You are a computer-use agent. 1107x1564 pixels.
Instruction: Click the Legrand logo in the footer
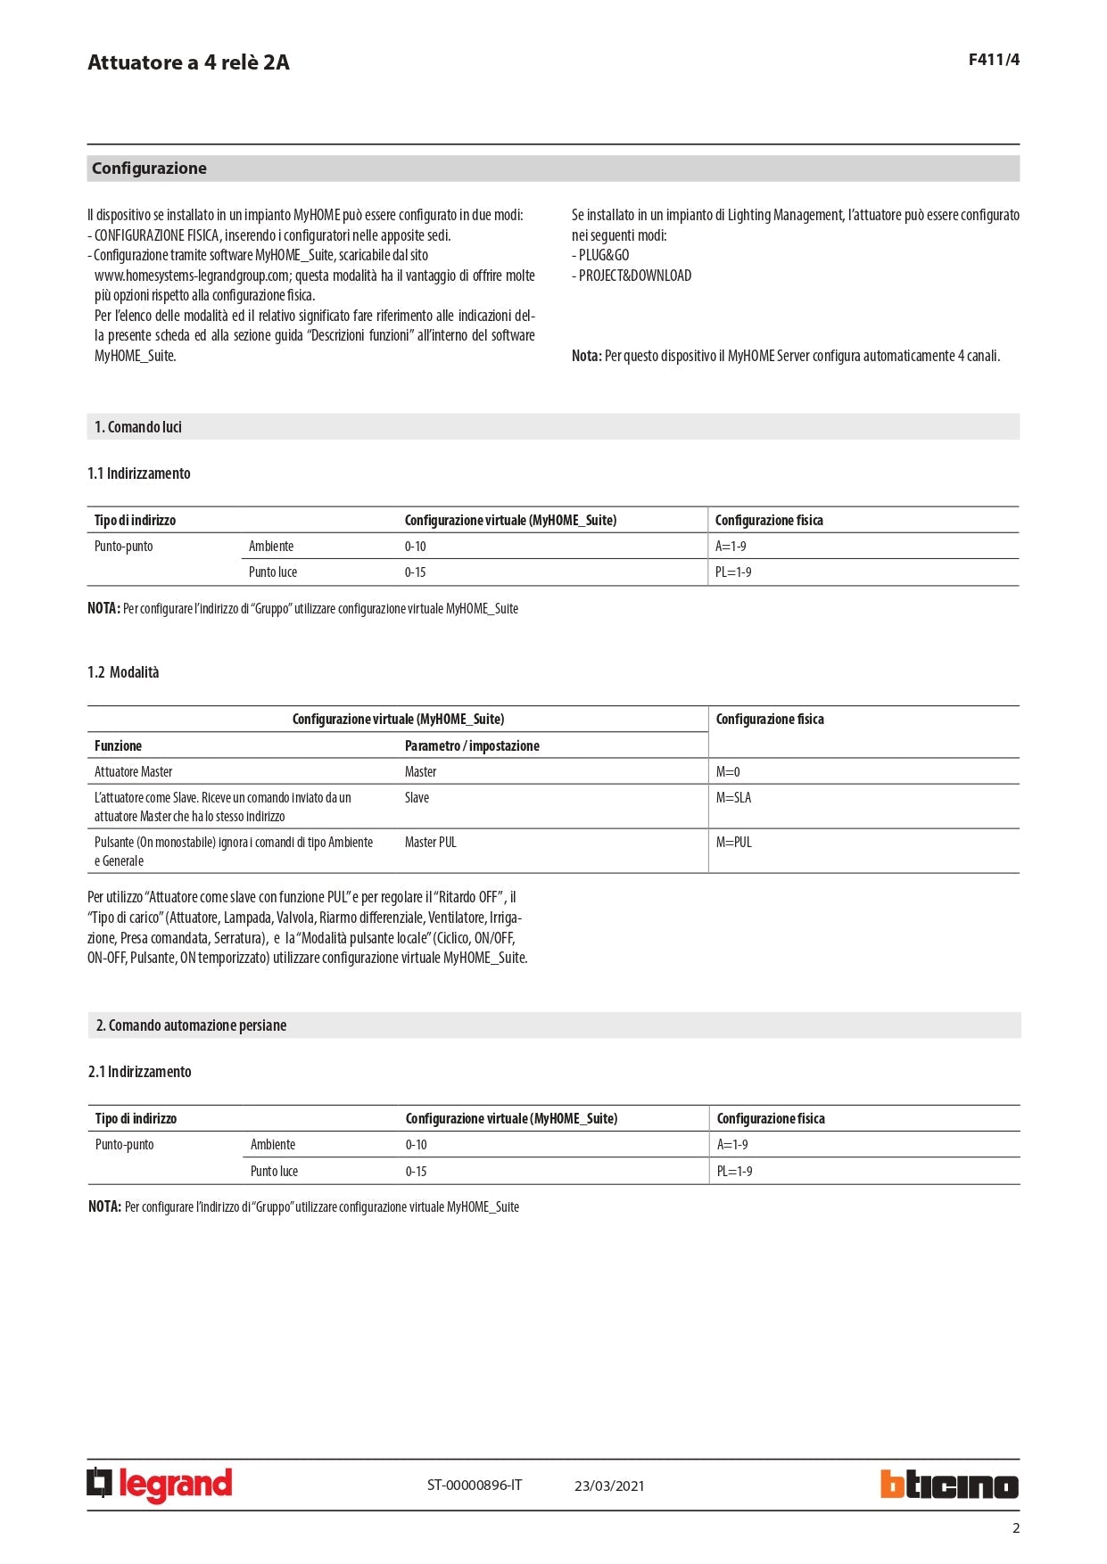(x=160, y=1485)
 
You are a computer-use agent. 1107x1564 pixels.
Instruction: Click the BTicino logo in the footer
(x=949, y=1485)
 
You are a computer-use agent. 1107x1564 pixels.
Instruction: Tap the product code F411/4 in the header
(x=994, y=60)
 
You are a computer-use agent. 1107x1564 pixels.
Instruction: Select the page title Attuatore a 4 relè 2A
(x=188, y=62)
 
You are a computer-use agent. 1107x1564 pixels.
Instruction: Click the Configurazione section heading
(x=149, y=169)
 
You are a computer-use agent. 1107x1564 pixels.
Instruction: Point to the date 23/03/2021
(x=609, y=1486)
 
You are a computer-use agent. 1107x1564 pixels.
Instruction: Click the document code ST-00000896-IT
(x=475, y=1486)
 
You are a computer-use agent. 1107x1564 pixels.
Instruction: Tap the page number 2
(x=1015, y=1528)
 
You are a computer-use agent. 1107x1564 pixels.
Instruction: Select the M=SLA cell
(x=733, y=798)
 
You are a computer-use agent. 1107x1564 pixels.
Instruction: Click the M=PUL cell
(x=733, y=843)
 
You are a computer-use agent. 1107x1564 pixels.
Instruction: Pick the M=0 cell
(x=728, y=772)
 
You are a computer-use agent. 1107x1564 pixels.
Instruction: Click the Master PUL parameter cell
(x=430, y=843)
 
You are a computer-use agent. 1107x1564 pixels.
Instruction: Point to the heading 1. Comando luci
(x=138, y=427)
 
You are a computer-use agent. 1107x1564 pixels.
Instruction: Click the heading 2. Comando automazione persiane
(x=191, y=1025)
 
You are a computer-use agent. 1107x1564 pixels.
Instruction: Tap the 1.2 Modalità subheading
(x=123, y=672)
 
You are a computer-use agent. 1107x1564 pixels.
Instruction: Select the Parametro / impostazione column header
(x=472, y=746)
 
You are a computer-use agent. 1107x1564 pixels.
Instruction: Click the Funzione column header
(x=118, y=746)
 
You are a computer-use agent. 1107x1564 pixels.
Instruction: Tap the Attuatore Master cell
(x=134, y=772)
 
